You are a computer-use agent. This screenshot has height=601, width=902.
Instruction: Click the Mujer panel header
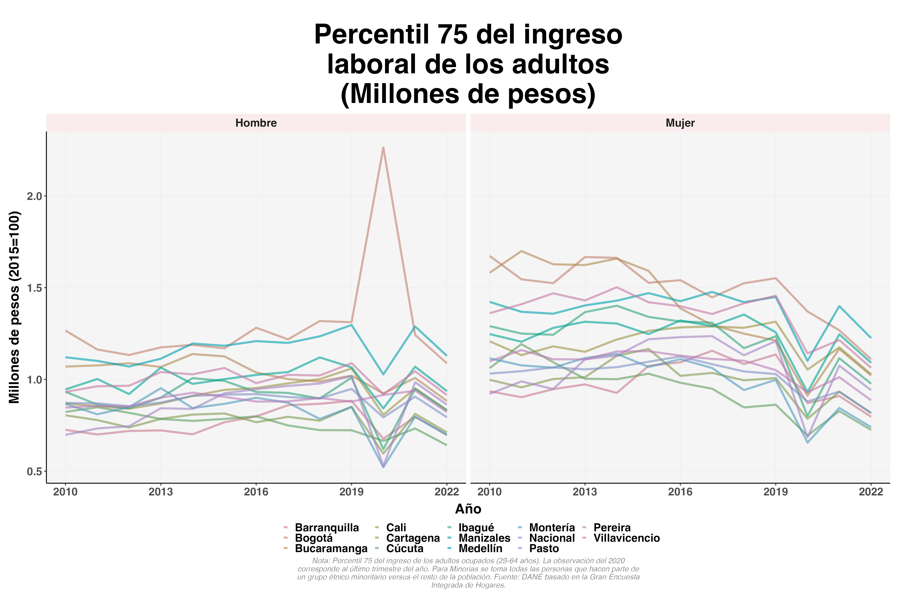[x=680, y=123]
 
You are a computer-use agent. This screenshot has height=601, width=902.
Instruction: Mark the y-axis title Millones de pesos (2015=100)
[x=15, y=307]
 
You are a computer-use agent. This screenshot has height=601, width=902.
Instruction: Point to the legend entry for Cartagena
[x=413, y=538]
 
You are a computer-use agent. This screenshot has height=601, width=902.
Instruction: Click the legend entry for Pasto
[x=544, y=549]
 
